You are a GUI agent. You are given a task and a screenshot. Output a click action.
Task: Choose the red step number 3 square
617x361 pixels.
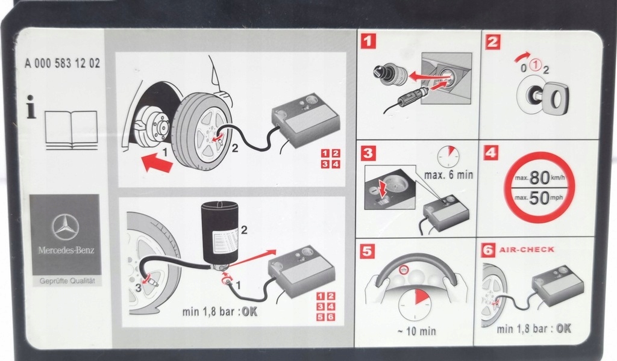click(x=369, y=153)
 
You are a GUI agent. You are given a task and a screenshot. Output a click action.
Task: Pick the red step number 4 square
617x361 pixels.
click(x=493, y=153)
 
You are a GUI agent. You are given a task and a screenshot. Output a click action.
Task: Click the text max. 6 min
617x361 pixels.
click(x=449, y=176)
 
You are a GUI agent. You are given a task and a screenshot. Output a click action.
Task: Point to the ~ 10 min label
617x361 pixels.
click(x=416, y=331)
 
